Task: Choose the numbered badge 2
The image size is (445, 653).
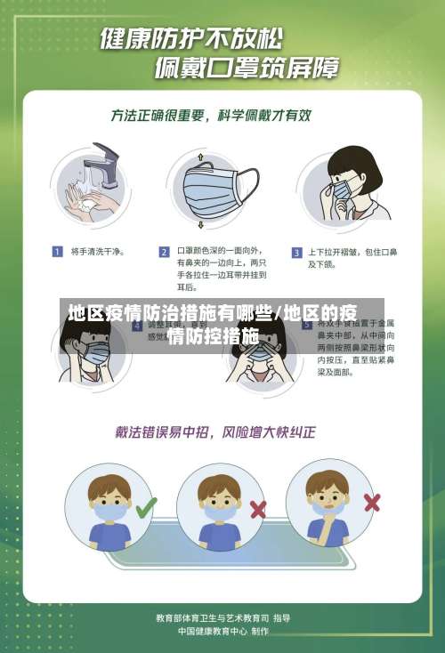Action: pos(164,252)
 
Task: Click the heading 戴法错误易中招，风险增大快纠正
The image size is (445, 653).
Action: pos(214,433)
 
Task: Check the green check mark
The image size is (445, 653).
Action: pos(146,508)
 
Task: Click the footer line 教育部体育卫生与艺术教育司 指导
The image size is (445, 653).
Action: pos(222,617)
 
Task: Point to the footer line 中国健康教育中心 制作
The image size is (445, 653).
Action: pos(222,632)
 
